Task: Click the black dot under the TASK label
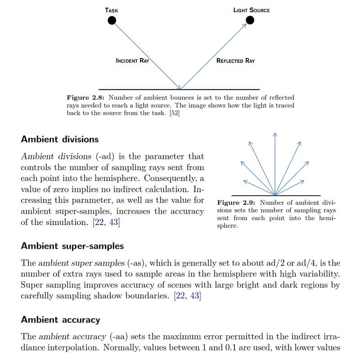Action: click(112, 20)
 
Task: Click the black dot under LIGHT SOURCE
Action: click(250, 20)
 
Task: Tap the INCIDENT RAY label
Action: click(132, 61)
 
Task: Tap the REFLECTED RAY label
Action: click(235, 61)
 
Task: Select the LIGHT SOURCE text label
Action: click(252, 10)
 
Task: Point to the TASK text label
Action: click(112, 10)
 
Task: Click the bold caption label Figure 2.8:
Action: click(86, 98)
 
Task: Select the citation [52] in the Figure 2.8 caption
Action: click(174, 113)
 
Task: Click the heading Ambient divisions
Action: click(59, 139)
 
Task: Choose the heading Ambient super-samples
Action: click(72, 246)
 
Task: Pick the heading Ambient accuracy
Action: click(60, 320)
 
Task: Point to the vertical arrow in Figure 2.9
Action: click(274, 162)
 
